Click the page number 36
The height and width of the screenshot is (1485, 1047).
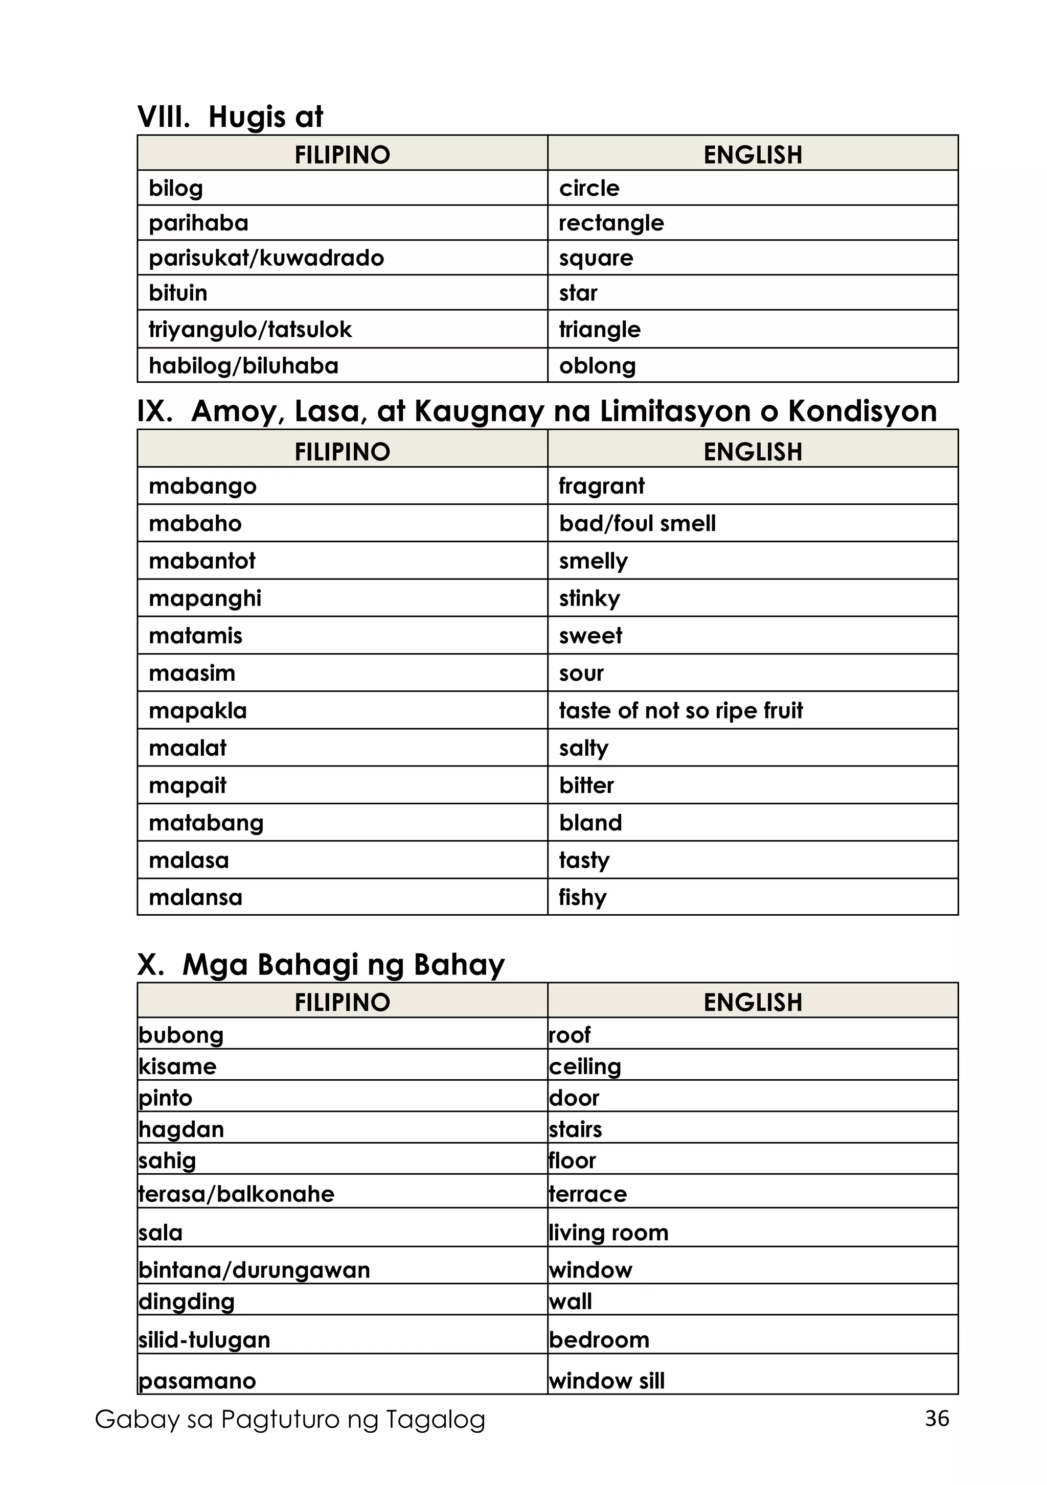tap(937, 1419)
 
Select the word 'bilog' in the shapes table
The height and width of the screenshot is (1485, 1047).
tap(176, 188)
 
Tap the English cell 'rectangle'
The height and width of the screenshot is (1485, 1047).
tap(611, 223)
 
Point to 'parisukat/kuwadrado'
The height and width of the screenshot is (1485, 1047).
tap(266, 258)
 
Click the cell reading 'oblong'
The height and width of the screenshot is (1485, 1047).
tap(597, 366)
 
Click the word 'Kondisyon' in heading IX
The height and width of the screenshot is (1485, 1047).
tap(862, 411)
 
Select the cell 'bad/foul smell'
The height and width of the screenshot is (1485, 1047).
tap(637, 523)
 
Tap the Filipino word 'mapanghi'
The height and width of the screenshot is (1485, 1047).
tap(204, 598)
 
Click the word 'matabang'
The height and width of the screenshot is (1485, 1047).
tap(206, 823)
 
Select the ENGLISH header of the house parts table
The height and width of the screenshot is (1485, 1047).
tap(753, 1002)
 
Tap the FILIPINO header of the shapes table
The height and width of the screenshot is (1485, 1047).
tap(343, 155)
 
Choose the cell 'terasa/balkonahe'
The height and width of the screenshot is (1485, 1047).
tap(236, 1193)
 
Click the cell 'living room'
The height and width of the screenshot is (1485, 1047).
tap(608, 1232)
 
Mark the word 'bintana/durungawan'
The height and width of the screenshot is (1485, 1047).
tap(254, 1270)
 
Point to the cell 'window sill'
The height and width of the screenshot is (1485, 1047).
tap(606, 1380)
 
